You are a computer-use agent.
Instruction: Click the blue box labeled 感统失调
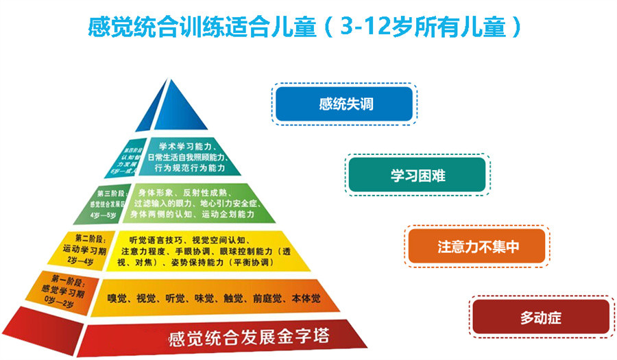point(344,104)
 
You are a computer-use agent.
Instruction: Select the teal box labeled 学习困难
point(418,176)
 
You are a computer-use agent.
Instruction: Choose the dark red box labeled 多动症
point(541,317)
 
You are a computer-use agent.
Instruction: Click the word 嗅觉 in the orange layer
point(121,299)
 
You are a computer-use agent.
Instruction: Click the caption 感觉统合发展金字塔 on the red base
point(249,337)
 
